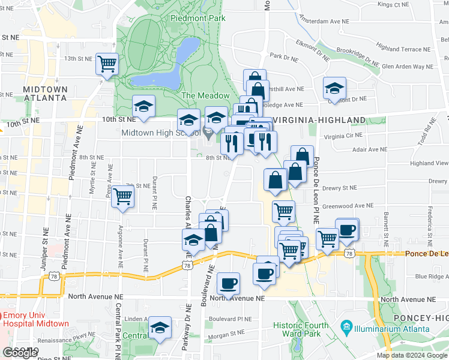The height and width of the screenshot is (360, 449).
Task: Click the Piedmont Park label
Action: point(197,18)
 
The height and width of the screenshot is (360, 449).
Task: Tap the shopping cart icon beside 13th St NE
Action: point(107,63)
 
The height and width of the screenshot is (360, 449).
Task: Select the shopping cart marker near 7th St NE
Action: point(122,196)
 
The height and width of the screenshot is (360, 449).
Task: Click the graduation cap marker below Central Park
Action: point(160,327)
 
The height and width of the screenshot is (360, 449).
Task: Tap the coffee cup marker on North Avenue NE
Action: point(228,283)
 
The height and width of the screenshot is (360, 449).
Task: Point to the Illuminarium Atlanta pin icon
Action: point(346,329)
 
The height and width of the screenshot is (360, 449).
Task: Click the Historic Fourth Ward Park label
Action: point(302,329)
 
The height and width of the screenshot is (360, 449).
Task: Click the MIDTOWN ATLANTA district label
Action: point(45,93)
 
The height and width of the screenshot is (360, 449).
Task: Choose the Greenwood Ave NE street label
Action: point(348,205)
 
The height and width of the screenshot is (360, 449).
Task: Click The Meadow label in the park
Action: point(205,95)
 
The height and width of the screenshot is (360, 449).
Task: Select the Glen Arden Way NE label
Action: point(408,67)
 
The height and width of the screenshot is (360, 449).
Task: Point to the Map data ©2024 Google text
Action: point(411,355)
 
